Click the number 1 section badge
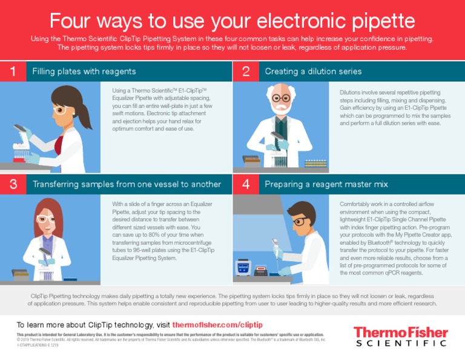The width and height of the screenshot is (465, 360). pos(13,72)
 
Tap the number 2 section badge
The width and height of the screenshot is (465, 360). pos(245,72)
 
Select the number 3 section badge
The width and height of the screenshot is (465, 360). pos(13,184)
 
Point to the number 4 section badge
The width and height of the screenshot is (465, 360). pos(245,184)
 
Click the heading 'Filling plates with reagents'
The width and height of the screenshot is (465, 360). pos(84,72)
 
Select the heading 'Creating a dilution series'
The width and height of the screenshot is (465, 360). pos(313,72)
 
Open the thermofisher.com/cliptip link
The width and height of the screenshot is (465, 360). pos(217,324)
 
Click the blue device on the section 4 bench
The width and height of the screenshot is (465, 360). pos(243,267)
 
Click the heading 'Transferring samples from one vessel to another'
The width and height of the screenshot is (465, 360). pos(127,184)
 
